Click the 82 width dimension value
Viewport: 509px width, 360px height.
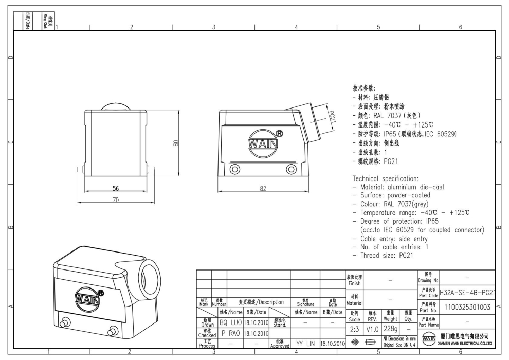[263, 189]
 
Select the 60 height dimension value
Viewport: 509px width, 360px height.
[176, 143]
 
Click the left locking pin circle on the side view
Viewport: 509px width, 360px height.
[235, 169]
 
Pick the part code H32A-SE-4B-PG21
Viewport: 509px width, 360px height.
[468, 293]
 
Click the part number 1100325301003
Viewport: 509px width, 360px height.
[467, 307]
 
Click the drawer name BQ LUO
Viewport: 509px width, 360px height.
[231, 322]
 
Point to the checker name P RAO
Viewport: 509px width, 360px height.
[231, 333]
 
